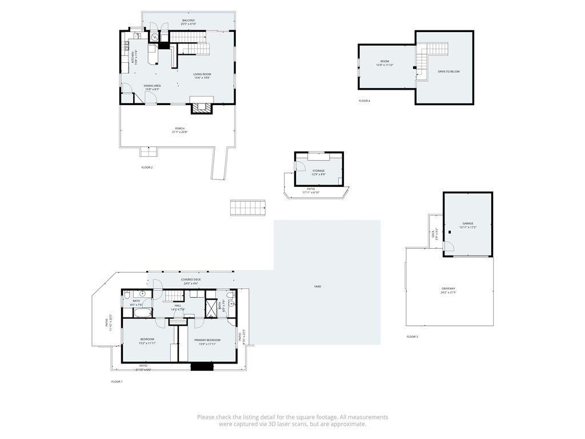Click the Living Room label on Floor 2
pyautogui.click(x=202, y=74)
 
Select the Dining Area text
pyautogui.click(x=152, y=86)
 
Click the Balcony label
pyautogui.click(x=189, y=21)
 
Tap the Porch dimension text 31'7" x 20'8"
pyautogui.click(x=179, y=132)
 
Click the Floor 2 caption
pyautogui.click(x=147, y=167)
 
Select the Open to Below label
pyautogui.click(x=448, y=71)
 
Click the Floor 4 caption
pyautogui.click(x=364, y=101)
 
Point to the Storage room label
pyautogui.click(x=318, y=171)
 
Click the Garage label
pyautogui.click(x=468, y=224)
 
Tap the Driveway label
pyautogui.click(x=448, y=289)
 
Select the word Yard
pyautogui.click(x=317, y=286)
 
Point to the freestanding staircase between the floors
pyautogui.click(x=249, y=207)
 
